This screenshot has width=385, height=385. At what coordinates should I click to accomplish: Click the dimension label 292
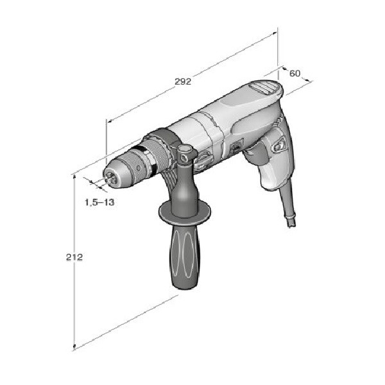click(x=183, y=81)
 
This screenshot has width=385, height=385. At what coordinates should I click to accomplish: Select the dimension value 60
click(x=295, y=73)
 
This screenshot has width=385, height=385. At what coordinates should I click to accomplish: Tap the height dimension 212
click(x=74, y=257)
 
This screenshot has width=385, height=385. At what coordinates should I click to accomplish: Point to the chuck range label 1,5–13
click(x=99, y=202)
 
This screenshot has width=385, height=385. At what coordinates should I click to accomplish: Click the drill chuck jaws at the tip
click(x=110, y=178)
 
